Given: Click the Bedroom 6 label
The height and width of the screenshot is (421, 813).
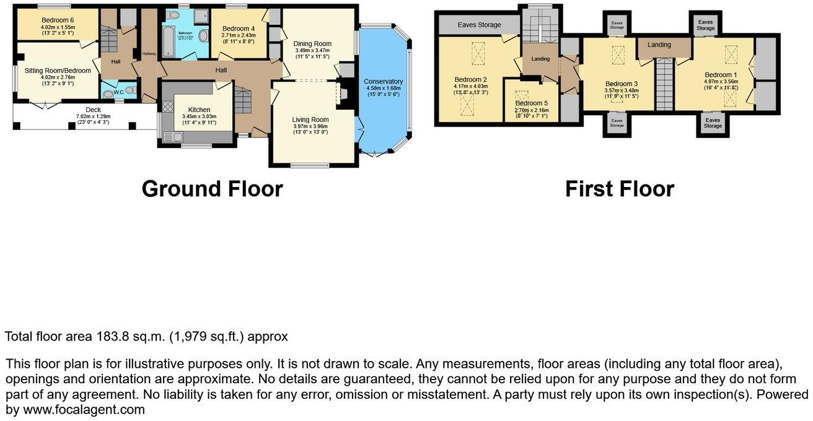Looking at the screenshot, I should tap(58, 20).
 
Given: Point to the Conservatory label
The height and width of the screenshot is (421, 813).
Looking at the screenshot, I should tap(383, 82).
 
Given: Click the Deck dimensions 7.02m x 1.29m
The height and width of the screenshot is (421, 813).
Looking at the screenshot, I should tap(93, 116).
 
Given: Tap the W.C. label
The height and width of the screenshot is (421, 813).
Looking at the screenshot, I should tap(119, 94).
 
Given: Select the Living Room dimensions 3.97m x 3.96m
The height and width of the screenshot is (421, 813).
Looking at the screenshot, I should tap(310, 126).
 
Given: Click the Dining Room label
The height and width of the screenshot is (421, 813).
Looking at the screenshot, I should tap(313, 43).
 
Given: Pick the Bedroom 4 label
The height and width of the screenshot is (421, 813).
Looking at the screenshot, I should tap(238, 28).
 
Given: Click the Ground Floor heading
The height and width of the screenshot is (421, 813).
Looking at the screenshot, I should tap(212, 188).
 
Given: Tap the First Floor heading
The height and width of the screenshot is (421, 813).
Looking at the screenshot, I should tap(619, 188).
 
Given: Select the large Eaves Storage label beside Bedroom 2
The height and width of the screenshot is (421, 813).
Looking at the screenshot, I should tap(479, 25).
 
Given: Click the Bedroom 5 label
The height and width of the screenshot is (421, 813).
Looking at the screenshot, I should tap(532, 103).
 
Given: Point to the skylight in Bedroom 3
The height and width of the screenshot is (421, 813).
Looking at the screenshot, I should tap(618, 56).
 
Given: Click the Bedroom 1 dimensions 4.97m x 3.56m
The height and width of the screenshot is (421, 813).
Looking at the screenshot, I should tap(721, 81).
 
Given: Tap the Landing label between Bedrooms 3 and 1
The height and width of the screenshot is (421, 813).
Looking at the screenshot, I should tap(659, 45).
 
